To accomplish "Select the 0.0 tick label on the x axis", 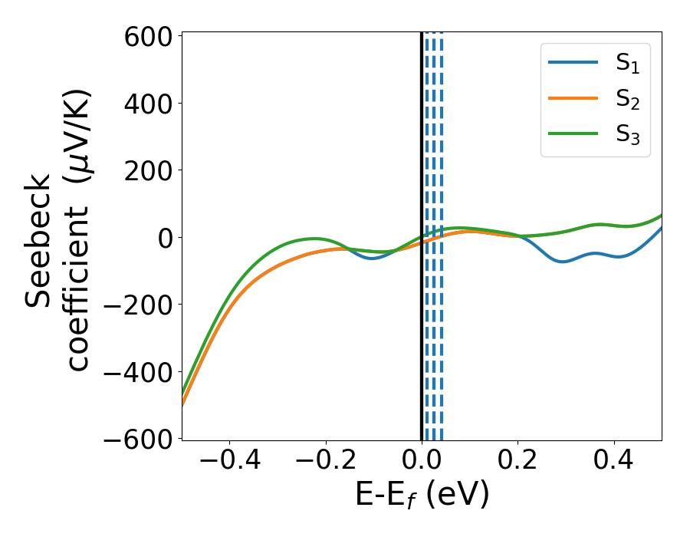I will coord(422,463).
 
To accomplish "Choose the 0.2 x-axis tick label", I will coord(517,463).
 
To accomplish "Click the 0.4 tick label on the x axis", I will coord(613,463).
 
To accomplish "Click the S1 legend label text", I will coord(627,64).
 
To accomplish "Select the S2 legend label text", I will coord(627,100).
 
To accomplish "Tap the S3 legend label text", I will coord(627,135).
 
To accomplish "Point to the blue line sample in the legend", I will coord(573,63).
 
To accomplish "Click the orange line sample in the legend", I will coord(573,98).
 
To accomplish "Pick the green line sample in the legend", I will coord(573,133).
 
